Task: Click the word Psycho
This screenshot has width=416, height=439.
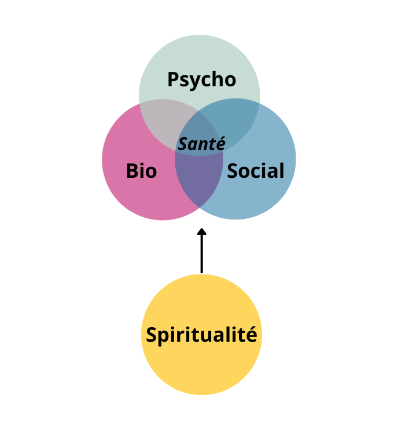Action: [201, 79]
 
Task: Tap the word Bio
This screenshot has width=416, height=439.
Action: [141, 171]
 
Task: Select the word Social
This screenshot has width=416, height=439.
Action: [255, 171]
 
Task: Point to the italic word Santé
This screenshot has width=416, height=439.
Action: [201, 144]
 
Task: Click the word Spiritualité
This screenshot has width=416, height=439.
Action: [201, 335]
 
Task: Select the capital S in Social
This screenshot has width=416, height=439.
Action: [233, 171]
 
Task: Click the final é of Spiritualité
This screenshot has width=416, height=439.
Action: [251, 334]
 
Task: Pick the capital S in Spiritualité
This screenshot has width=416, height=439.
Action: [152, 335]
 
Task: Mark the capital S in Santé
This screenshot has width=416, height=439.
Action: [183, 144]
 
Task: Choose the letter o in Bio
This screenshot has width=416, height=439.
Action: [150, 172]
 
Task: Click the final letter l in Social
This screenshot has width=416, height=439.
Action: [281, 170]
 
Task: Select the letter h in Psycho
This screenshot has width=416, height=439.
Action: [218, 79]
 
